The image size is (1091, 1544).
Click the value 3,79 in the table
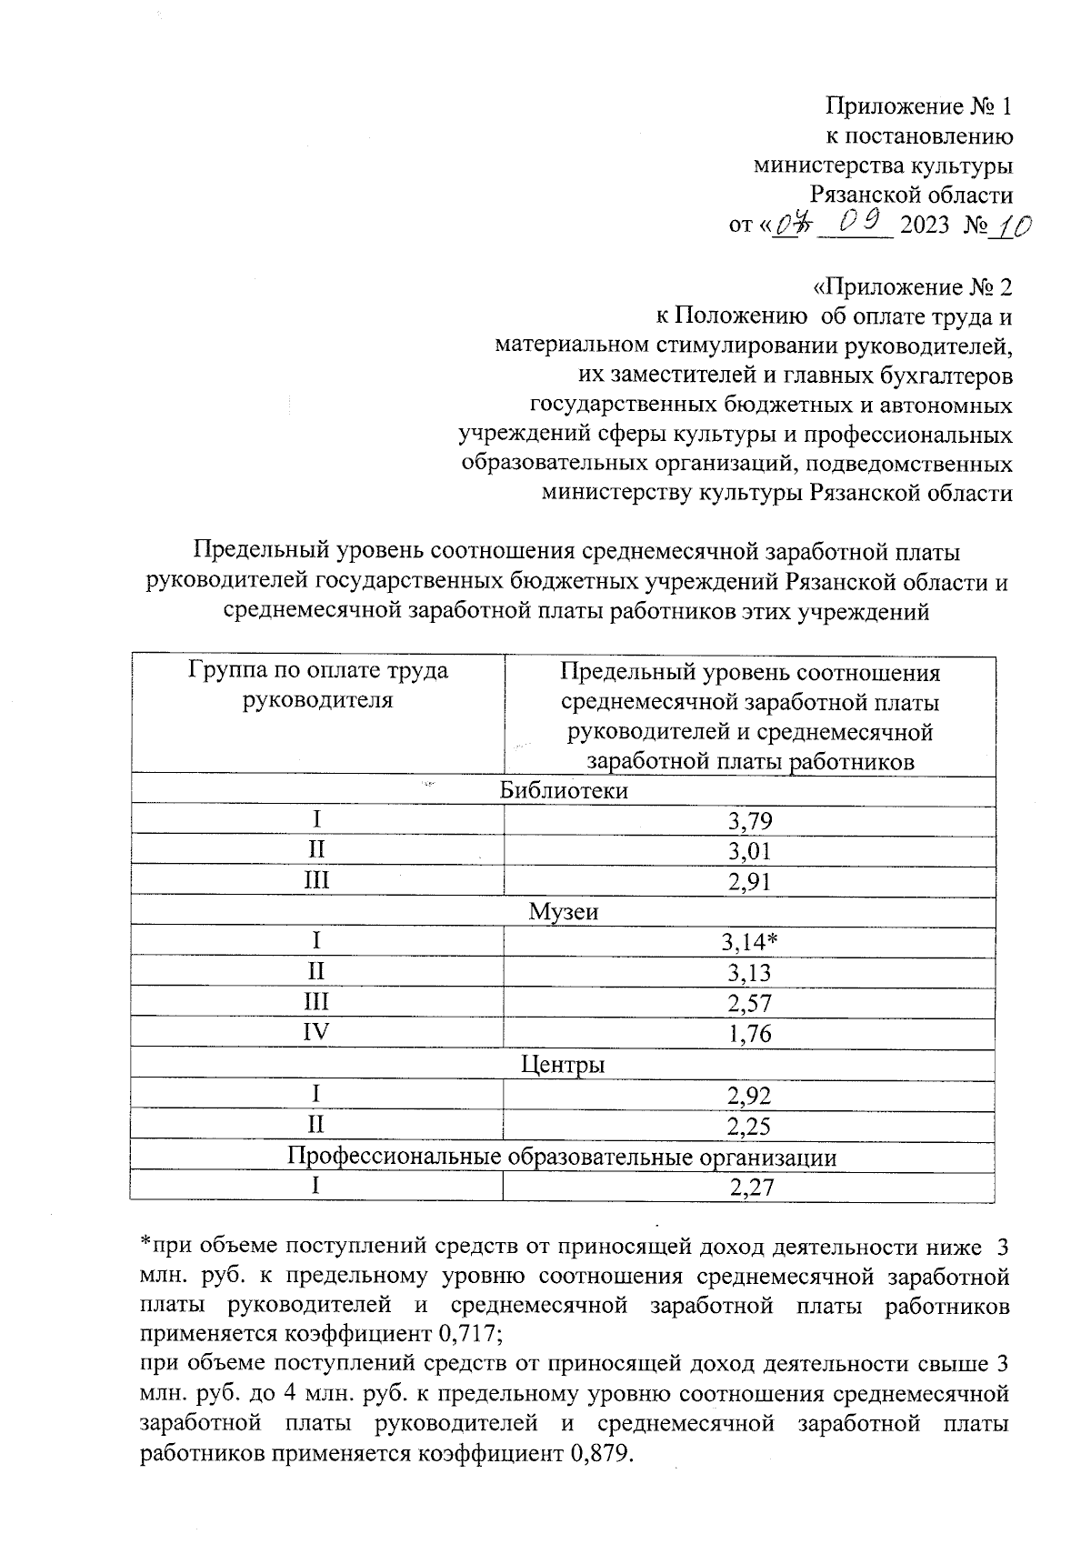click(749, 822)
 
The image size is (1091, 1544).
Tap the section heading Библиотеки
click(564, 790)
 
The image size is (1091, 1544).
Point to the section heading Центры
click(563, 1064)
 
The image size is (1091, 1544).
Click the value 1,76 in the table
click(749, 1034)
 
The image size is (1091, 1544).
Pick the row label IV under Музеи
click(315, 1033)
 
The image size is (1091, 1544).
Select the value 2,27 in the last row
click(749, 1188)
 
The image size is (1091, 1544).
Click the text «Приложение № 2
click(912, 287)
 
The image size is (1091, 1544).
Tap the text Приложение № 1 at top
click(918, 107)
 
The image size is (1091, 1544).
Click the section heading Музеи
click(564, 911)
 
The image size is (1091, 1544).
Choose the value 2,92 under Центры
click(749, 1096)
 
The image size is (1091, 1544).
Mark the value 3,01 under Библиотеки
click(749, 852)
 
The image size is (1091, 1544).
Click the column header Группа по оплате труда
click(317, 672)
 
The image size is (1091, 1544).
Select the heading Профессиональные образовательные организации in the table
click(562, 1157)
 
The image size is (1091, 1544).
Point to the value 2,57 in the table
click(749, 1004)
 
